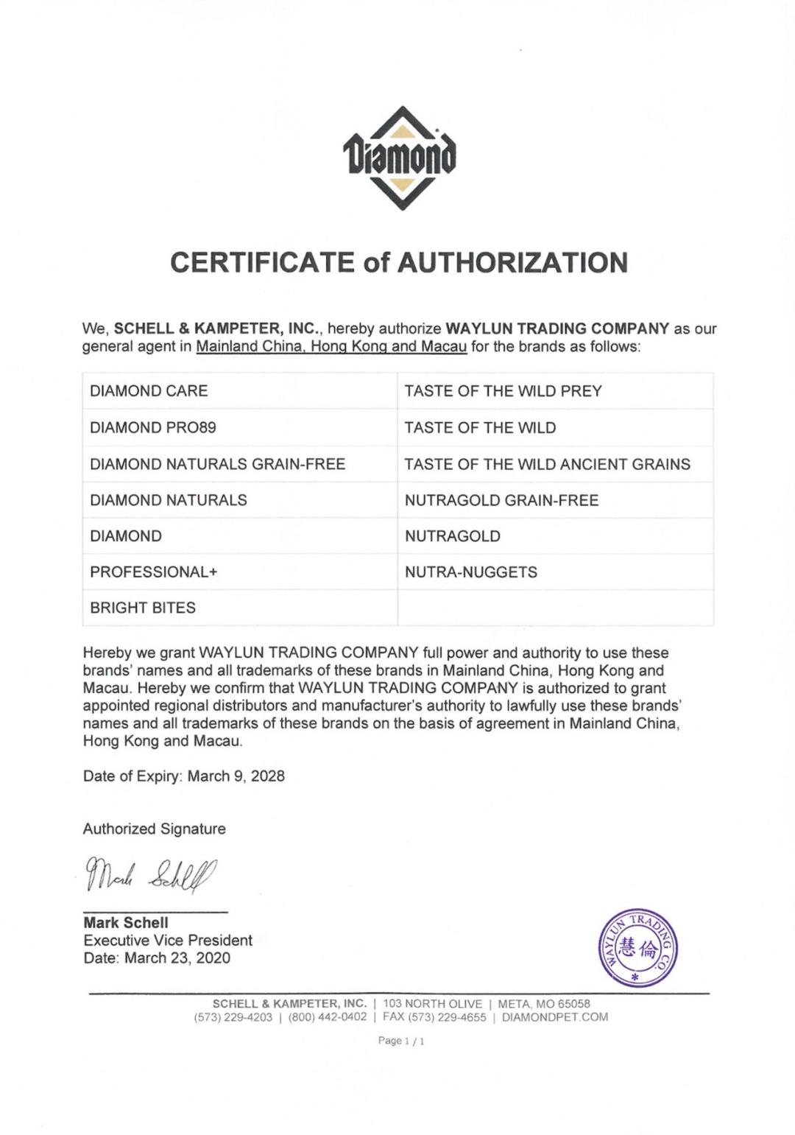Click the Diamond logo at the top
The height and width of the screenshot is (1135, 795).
pyautogui.click(x=399, y=158)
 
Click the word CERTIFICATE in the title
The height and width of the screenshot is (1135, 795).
pyautogui.click(x=261, y=262)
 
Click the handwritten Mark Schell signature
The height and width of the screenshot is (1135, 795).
pyautogui.click(x=152, y=875)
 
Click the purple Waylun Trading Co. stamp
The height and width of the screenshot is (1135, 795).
pyautogui.click(x=637, y=948)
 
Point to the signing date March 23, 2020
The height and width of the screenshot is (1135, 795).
pyautogui.click(x=177, y=958)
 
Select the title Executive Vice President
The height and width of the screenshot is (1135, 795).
pyautogui.click(x=168, y=941)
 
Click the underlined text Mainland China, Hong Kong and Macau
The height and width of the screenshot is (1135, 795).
pyautogui.click(x=331, y=346)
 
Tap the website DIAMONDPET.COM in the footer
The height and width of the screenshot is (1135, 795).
pyautogui.click(x=555, y=1017)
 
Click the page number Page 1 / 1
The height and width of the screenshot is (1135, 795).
pyautogui.click(x=401, y=1041)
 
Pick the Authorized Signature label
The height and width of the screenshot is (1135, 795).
pyautogui.click(x=155, y=829)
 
